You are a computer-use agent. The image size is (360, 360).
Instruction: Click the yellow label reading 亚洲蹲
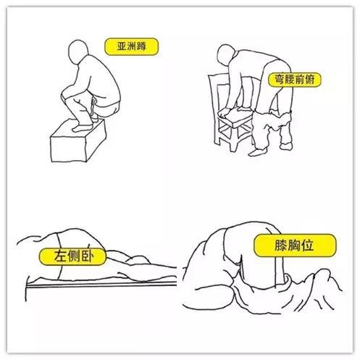pos(130,46)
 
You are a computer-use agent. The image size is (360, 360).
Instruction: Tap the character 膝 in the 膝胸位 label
pos(271,245)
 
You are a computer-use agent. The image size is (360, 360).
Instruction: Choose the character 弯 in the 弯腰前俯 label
pos(275,78)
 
